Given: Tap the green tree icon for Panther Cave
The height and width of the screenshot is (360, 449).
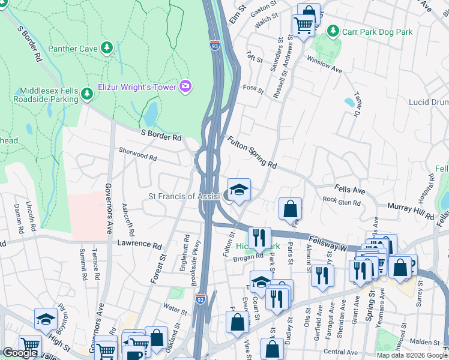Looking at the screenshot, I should [107, 47].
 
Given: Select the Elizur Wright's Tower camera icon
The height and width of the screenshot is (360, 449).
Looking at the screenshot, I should [185, 87].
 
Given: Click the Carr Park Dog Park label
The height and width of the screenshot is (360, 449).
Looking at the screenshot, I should [377, 31].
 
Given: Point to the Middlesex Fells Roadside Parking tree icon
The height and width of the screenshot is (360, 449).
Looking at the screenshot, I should [86, 93].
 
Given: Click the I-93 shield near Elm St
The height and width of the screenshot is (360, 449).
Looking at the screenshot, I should [214, 45].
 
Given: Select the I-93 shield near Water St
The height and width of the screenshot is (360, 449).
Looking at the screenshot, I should [200, 298].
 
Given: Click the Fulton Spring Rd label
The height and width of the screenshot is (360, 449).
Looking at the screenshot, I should [252, 152].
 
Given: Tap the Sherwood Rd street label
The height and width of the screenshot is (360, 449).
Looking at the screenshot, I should [137, 155].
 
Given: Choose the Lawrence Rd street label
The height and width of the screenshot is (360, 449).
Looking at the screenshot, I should [139, 246].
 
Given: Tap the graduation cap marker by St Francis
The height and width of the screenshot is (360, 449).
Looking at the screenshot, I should [239, 190].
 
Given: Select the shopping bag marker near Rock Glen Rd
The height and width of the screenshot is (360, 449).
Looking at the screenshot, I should [290, 209].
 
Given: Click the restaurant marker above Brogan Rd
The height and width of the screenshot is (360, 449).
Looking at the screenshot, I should [259, 238].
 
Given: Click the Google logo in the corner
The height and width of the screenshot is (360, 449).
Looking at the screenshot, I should [20, 352].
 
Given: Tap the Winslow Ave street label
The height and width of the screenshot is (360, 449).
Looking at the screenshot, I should [324, 65].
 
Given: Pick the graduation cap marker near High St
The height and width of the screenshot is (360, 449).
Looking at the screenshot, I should [46, 320].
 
